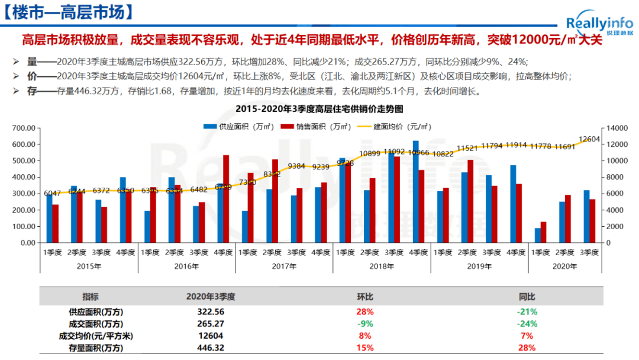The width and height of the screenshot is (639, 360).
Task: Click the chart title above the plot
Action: point(319,110)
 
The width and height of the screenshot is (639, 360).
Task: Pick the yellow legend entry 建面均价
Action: point(399,126)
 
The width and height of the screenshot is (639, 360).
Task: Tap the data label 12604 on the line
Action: point(589,139)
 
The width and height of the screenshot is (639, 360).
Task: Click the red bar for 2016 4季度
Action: point(226,199)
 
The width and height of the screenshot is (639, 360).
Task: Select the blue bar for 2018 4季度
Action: point(416,191)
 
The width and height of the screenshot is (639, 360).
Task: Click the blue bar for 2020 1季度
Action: point(538,235)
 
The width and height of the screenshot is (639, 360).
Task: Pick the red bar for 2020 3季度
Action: point(592,221)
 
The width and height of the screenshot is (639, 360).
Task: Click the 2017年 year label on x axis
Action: point(284,266)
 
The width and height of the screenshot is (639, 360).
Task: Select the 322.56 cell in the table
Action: point(211,311)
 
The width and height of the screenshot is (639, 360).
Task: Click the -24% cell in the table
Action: point(527,324)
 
